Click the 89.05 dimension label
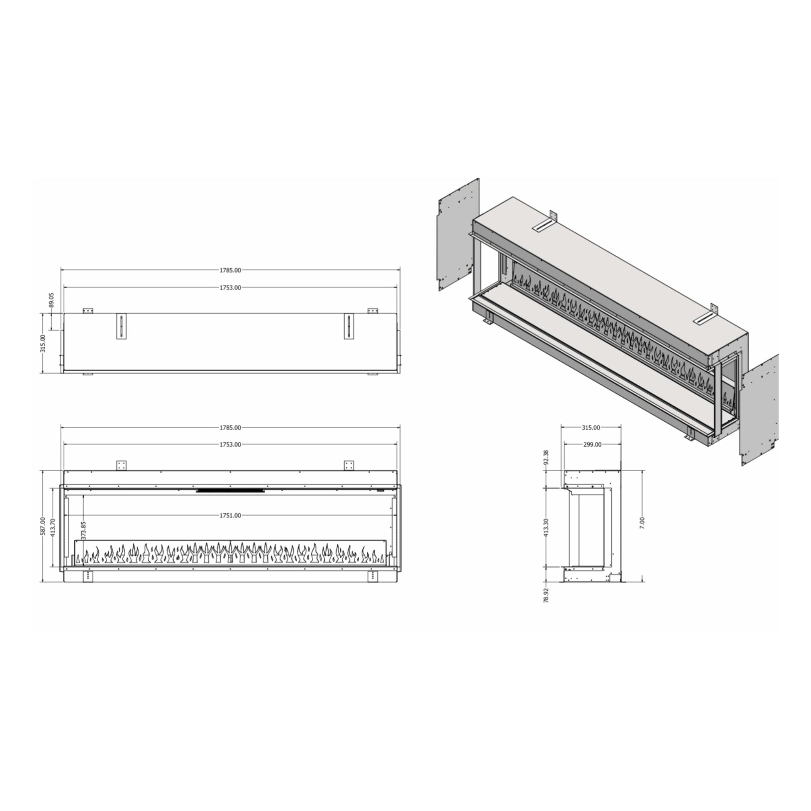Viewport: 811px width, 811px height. point(51,300)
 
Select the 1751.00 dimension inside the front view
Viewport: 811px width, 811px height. point(230,516)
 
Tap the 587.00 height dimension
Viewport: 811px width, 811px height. point(43,526)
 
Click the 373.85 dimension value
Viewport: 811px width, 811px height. point(84,531)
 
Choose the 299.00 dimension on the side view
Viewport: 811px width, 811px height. point(592,445)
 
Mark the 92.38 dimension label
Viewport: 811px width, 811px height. point(546,457)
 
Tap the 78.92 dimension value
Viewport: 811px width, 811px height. point(546,595)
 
